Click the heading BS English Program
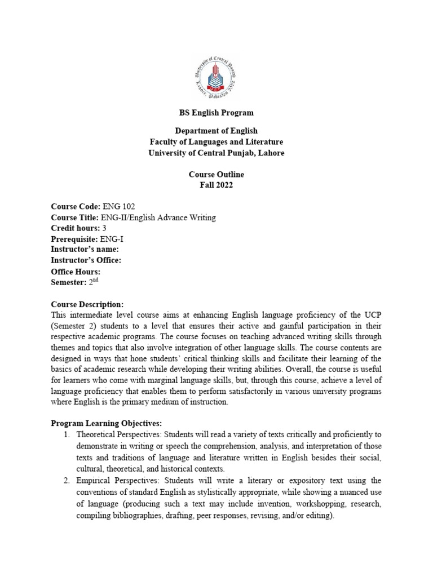point(216,113)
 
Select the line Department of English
point(216,131)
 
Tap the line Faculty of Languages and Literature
point(216,142)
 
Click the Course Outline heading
point(216,175)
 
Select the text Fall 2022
point(216,186)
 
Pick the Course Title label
point(74,218)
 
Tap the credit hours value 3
point(104,228)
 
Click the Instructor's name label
point(85,249)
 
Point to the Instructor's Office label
point(86,260)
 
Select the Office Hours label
point(76,272)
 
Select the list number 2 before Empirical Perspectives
point(66,480)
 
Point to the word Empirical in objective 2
point(94,480)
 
